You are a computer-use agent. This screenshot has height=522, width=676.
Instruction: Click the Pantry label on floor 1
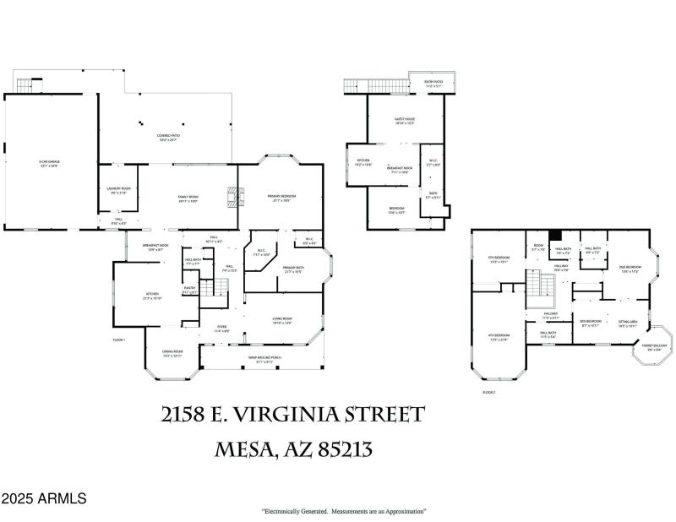tap(190, 289)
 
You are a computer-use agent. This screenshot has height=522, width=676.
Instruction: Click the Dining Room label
tap(172, 353)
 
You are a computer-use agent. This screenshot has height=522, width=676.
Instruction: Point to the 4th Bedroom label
tap(498, 337)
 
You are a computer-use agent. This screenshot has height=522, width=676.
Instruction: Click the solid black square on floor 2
tap(555, 236)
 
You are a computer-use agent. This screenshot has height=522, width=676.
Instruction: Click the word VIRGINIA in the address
tap(335, 416)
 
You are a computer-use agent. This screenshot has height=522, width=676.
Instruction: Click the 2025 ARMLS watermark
tap(43, 499)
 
